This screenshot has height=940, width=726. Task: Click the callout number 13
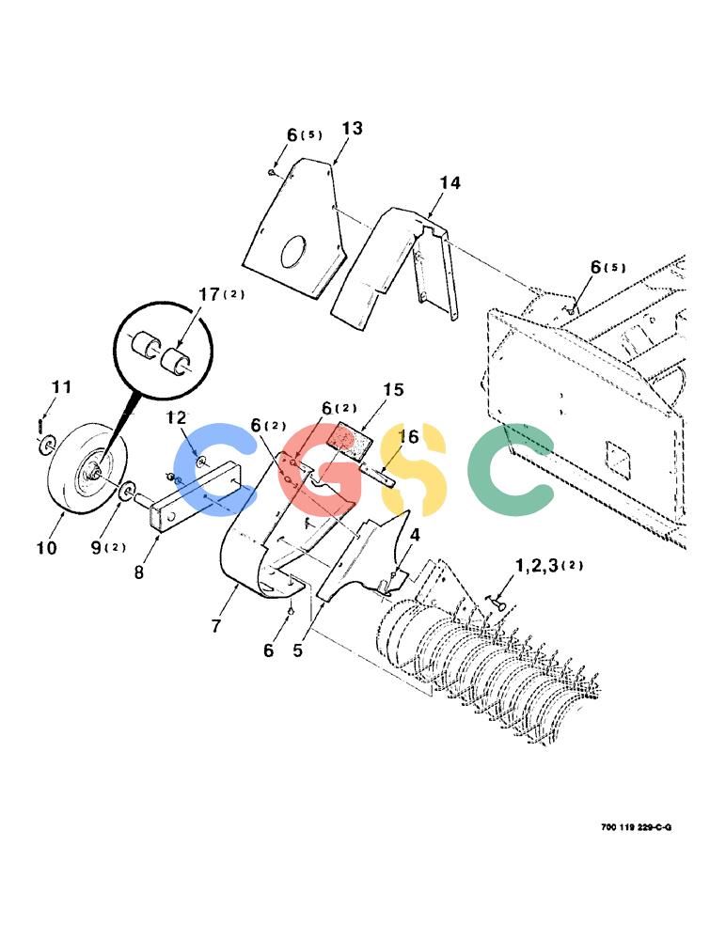[x=353, y=128]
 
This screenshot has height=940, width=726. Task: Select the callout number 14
[x=450, y=182]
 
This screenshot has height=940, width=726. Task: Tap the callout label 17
[x=210, y=294]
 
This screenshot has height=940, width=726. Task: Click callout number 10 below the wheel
[x=47, y=547]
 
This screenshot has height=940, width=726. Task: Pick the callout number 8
[x=139, y=572]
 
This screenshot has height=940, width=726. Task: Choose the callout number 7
[x=216, y=626]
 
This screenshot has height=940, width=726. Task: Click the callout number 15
[x=394, y=390]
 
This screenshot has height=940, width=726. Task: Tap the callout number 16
[x=408, y=436]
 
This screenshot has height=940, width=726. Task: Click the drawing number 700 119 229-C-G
[x=636, y=827]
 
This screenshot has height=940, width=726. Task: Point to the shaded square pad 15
[x=350, y=442]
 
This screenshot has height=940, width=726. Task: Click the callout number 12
[x=177, y=417]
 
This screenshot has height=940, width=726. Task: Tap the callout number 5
[x=298, y=650]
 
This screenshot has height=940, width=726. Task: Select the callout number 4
[x=415, y=535]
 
